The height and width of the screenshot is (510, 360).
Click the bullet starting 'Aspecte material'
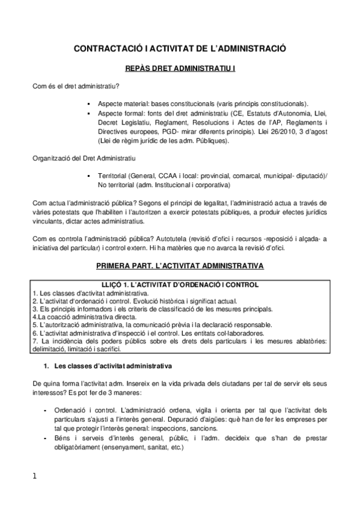[204, 103]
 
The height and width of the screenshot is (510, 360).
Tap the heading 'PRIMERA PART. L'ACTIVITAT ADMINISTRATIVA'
[180, 265]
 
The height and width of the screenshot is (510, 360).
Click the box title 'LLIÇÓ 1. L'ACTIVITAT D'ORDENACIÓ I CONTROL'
[180, 284]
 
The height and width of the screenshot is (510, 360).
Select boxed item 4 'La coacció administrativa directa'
[85, 316]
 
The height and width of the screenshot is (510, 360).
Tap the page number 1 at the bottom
[35, 476]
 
